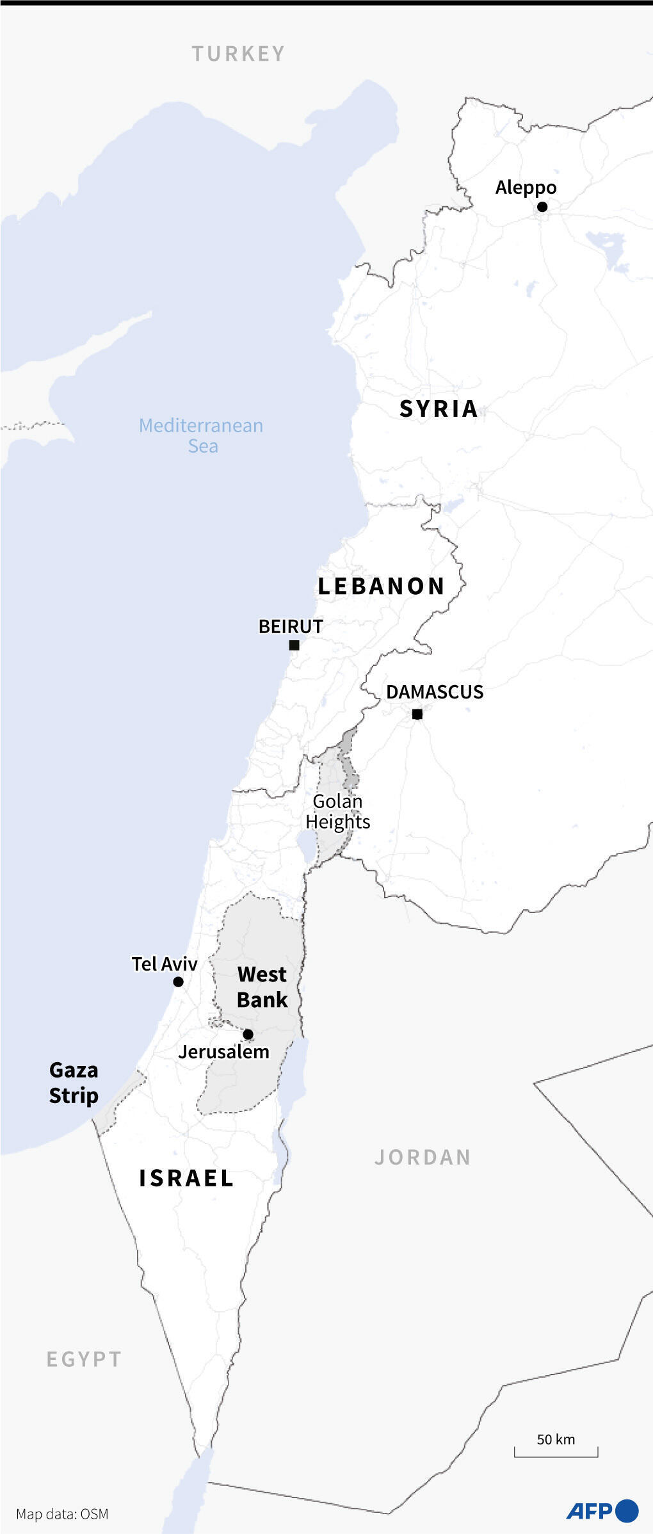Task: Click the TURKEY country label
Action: [x=238, y=54]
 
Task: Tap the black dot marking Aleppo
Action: [x=542, y=207]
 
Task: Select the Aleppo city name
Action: [x=526, y=188]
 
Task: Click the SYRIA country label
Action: [x=439, y=409]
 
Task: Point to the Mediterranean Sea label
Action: [x=201, y=435]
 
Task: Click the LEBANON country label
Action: [x=381, y=586]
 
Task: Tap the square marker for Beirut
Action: [x=294, y=645]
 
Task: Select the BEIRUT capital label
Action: [x=291, y=626]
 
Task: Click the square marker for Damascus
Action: [x=417, y=714]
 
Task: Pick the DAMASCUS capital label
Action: [x=435, y=692]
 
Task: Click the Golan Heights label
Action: [x=337, y=811]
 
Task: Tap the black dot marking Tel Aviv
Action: [x=179, y=981]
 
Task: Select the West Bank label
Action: [x=262, y=987]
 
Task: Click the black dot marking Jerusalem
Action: [x=248, y=1034]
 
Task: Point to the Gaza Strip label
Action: [x=74, y=1083]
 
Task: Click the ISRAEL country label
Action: [x=186, y=1179]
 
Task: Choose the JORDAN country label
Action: [x=423, y=1158]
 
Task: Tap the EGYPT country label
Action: [x=84, y=1359]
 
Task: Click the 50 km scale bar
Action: [x=556, y=1451]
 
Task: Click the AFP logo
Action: [x=602, y=1511]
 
